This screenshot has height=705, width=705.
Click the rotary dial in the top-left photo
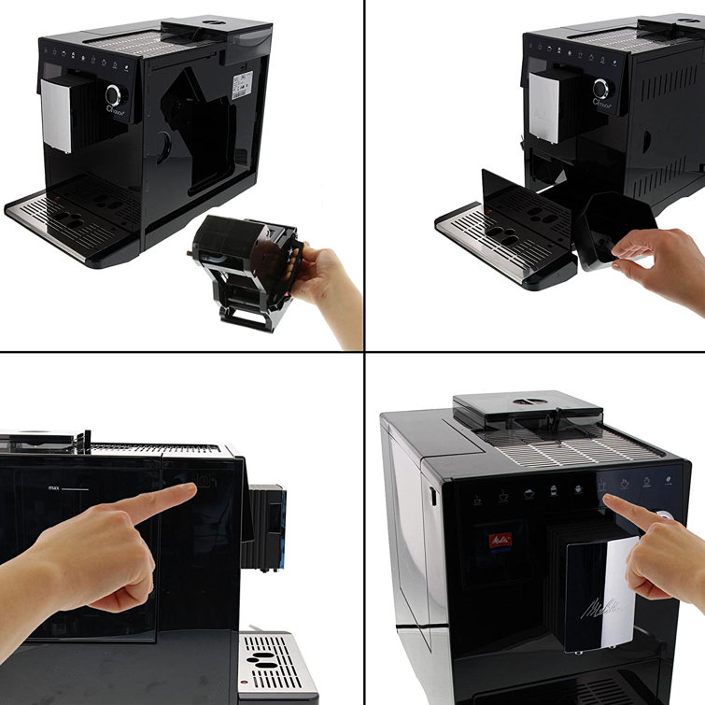[x=114, y=94]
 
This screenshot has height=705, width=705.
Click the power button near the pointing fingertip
[x=204, y=483]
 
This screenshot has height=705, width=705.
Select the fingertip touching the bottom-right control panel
[x=613, y=505]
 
